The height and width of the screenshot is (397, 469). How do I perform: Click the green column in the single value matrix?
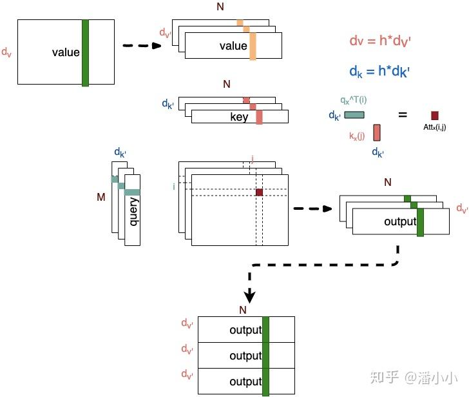click(85, 53)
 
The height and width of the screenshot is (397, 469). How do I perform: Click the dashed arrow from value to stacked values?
click(141, 46)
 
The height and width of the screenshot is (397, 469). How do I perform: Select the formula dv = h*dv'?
click(380, 41)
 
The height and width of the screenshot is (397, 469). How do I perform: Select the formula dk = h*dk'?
click(380, 70)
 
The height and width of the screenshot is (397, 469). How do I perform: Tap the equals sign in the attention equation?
click(403, 115)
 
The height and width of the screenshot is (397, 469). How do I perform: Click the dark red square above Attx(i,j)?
click(435, 115)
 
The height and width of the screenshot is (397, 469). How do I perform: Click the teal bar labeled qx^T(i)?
click(354, 115)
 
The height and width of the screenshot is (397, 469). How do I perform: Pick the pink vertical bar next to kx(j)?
click(377, 132)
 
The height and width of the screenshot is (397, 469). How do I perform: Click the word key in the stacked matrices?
click(239, 117)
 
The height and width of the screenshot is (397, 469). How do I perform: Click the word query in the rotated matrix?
click(134, 212)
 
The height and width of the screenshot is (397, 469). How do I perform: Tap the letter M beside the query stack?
click(101, 197)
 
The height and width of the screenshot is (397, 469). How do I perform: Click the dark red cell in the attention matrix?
click(259, 192)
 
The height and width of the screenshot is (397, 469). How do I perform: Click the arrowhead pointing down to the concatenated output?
click(250, 296)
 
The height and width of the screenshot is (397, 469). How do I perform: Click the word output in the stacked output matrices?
click(400, 221)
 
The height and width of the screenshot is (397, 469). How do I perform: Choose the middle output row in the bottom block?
click(245, 356)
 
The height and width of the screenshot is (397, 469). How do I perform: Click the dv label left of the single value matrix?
click(6, 52)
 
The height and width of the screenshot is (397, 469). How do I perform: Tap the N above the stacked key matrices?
click(226, 84)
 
